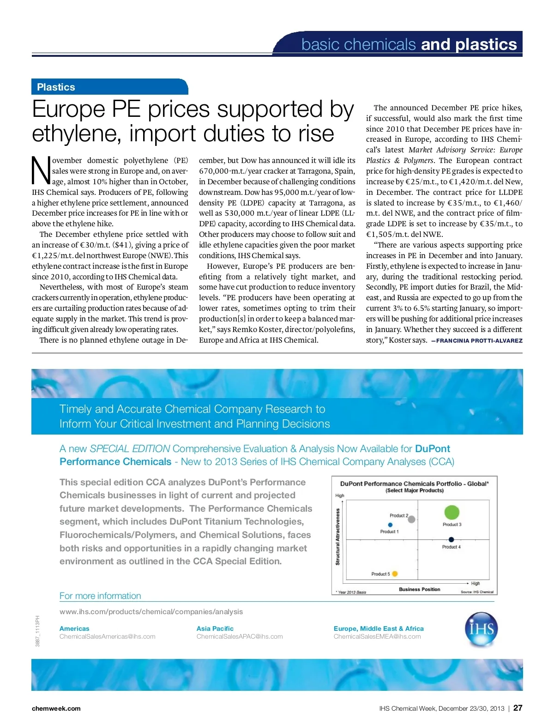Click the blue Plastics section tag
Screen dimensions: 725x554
click(56, 87)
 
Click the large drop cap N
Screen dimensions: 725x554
click(41, 171)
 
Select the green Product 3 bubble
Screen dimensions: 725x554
click(452, 512)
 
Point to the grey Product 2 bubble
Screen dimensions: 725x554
click(412, 519)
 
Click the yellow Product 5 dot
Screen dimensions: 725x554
click(395, 574)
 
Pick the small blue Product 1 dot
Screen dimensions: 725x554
click(391, 525)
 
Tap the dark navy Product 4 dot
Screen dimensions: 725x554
click(451, 540)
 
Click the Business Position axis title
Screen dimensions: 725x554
click(419, 589)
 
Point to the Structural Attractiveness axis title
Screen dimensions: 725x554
click(337, 537)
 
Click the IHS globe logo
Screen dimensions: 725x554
click(482, 629)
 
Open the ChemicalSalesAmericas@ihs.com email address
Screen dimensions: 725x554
click(108, 636)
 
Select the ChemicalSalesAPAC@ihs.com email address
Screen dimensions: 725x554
click(240, 636)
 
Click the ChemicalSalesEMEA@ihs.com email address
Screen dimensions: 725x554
click(377, 636)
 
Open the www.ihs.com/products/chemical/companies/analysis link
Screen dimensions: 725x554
click(151, 611)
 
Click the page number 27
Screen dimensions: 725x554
click(518, 708)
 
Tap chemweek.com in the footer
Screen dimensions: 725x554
click(56, 708)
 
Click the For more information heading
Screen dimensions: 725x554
click(100, 596)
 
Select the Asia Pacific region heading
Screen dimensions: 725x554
click(215, 628)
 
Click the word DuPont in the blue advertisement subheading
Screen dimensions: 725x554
click(433, 448)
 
